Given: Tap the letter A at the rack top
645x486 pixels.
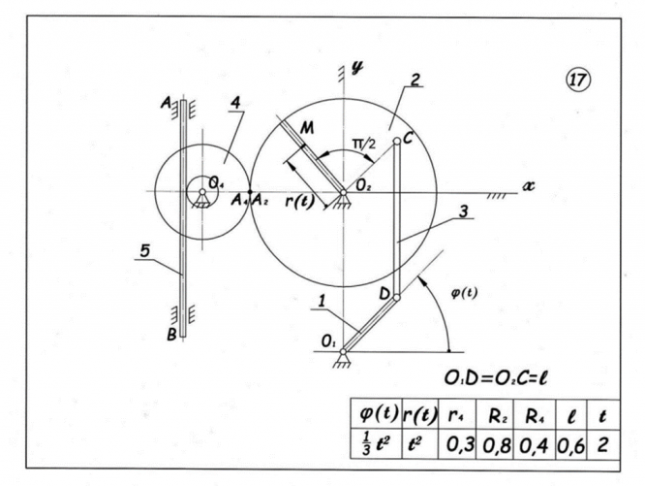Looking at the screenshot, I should coord(167,103).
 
